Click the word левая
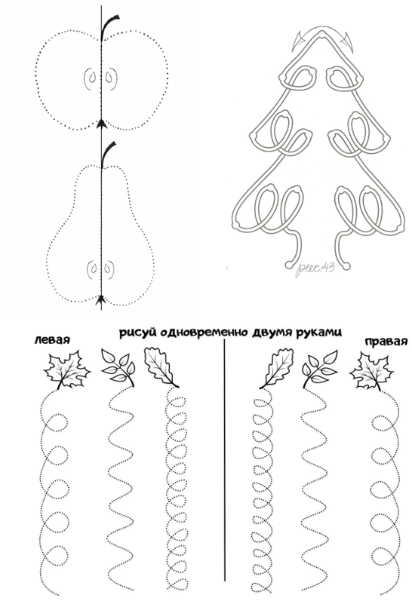(52, 339)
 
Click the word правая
(386, 341)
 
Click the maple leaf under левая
(67, 370)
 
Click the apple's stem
(108, 26)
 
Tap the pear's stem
(108, 153)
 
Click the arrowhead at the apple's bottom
(101, 123)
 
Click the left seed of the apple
(92, 77)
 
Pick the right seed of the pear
(109, 268)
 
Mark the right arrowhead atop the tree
(349, 41)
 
